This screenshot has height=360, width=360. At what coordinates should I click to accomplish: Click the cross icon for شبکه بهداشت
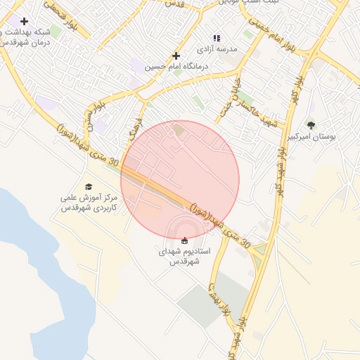(25, 22)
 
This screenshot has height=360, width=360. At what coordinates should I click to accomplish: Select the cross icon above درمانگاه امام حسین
(176, 56)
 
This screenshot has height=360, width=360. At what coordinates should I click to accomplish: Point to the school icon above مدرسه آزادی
(217, 38)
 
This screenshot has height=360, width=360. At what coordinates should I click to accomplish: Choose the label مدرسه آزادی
(217, 50)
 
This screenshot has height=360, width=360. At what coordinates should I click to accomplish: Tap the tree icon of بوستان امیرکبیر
(311, 125)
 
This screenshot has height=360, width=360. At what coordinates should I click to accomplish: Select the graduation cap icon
(89, 186)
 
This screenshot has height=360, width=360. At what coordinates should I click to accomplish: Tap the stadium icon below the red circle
(185, 240)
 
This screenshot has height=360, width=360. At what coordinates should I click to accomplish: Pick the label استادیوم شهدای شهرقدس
(185, 256)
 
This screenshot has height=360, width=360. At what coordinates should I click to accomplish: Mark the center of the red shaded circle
(180, 180)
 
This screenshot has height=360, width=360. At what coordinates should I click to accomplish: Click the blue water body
(35, 267)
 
